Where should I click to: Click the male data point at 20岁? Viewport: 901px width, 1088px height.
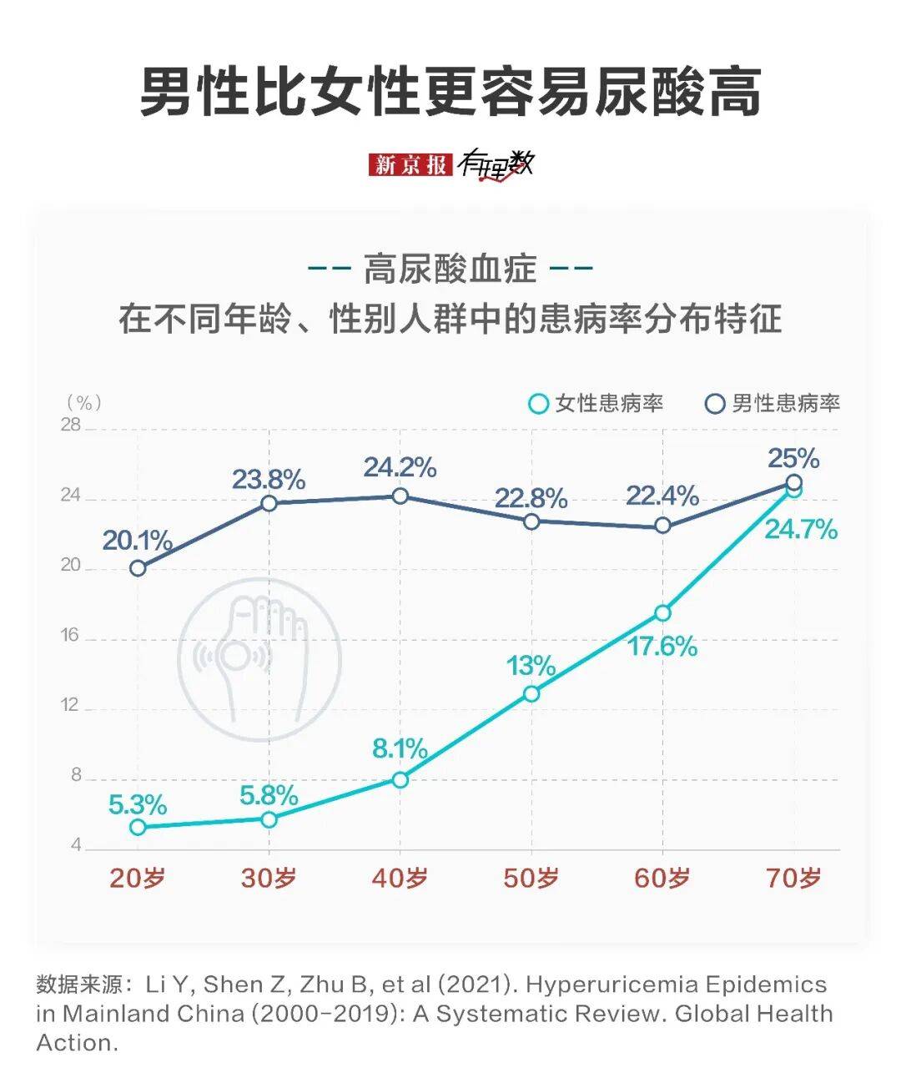click(x=138, y=568)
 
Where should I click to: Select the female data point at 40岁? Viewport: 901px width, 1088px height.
click(x=400, y=779)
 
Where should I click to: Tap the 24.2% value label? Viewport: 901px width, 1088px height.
click(x=400, y=467)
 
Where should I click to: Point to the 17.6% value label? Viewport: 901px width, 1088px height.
click(x=662, y=646)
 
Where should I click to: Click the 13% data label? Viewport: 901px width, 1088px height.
click(x=531, y=666)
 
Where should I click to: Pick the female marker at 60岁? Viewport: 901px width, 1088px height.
click(x=662, y=613)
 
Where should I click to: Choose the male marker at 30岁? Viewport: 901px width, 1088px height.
click(x=269, y=503)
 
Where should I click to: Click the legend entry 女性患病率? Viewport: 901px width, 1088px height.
click(x=597, y=404)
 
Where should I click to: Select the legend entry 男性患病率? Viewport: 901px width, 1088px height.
click(x=773, y=404)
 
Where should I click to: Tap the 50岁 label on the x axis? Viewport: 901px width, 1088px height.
click(x=531, y=878)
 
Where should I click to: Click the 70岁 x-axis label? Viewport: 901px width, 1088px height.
click(x=793, y=878)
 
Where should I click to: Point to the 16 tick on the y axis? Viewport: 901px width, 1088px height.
click(x=70, y=636)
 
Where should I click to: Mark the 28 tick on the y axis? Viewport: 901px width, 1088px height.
click(x=70, y=426)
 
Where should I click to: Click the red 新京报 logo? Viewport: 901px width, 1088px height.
click(x=410, y=164)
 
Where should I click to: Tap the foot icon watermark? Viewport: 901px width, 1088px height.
click(x=259, y=658)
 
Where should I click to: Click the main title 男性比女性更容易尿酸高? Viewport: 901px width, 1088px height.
click(x=450, y=91)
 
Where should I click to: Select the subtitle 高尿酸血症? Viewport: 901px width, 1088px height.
click(x=450, y=269)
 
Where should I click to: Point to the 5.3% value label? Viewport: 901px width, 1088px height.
click(x=138, y=804)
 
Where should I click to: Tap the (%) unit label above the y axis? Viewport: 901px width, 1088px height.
click(x=83, y=403)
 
